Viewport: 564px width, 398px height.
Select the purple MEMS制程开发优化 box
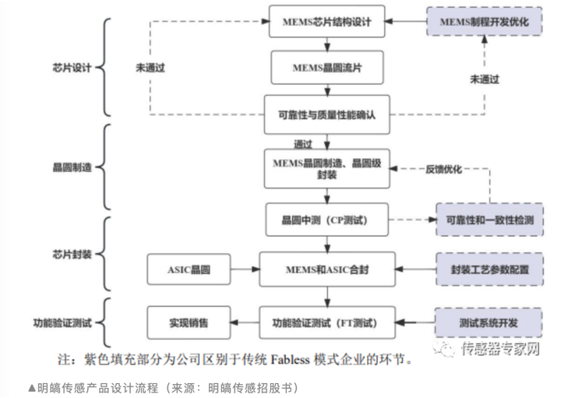pos(484,21)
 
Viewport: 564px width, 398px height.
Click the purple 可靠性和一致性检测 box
pos(484,220)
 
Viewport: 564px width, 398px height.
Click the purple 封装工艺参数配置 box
pos(484,269)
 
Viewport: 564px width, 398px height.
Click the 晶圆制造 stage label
pos(68,167)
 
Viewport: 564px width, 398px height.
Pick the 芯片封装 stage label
pos(68,255)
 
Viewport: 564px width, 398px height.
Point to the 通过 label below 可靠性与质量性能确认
pos(303,143)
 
